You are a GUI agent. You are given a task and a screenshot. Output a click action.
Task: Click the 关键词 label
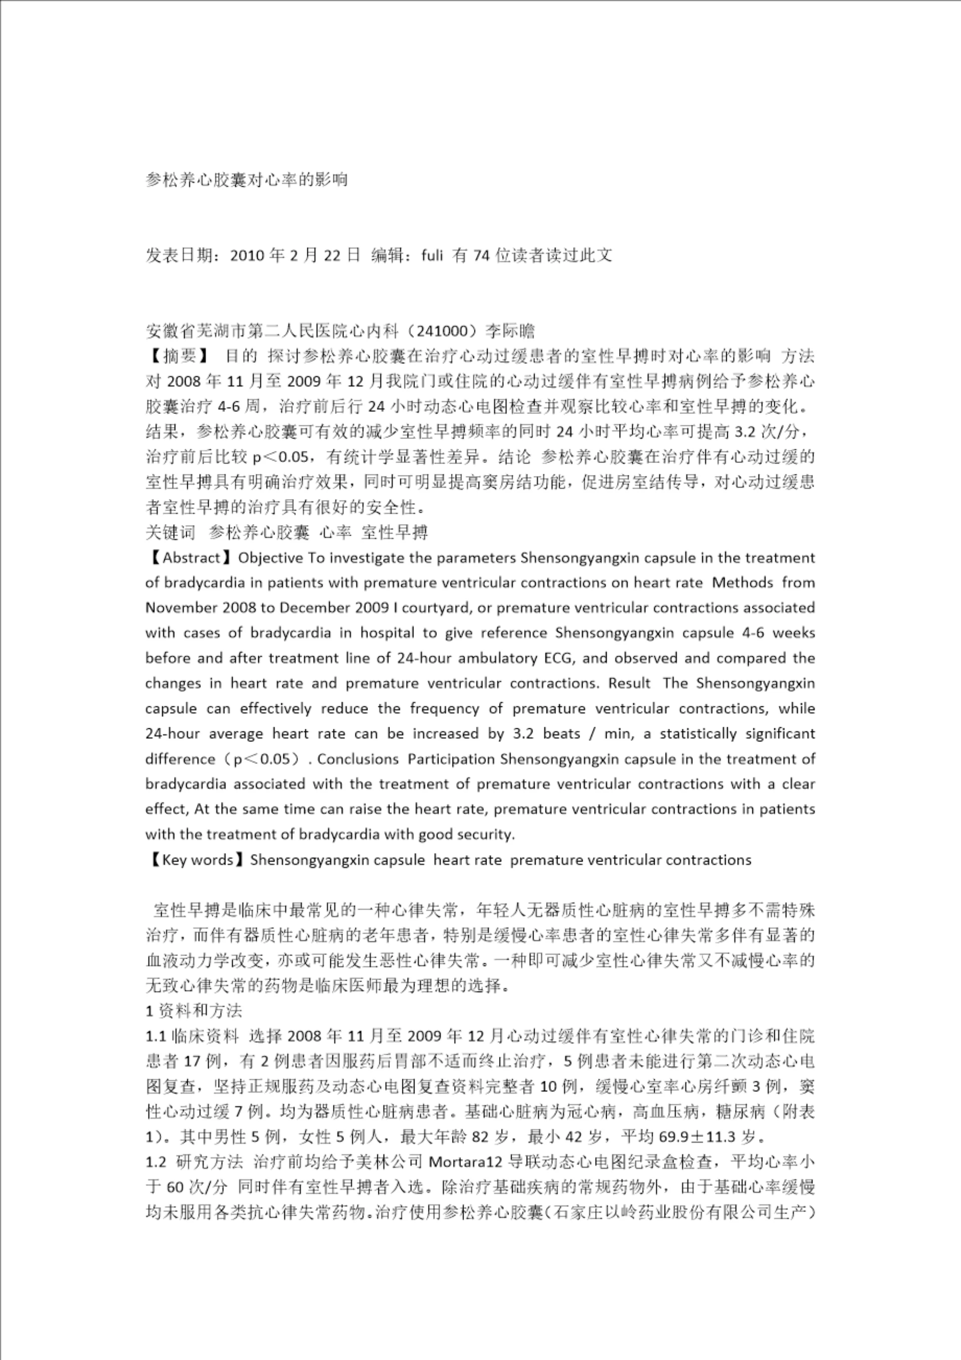pos(170,533)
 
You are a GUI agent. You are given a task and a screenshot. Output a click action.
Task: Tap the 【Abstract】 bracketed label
pos(191,558)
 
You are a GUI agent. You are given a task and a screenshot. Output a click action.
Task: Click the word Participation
pos(451,759)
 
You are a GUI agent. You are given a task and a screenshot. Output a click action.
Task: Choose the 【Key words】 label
pos(196,859)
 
